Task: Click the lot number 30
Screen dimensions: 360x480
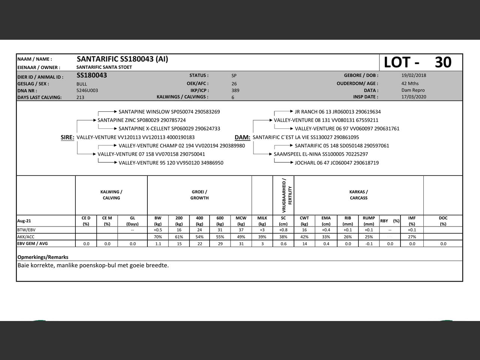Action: (x=443, y=62)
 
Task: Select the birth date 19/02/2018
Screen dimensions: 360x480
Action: (x=414, y=75)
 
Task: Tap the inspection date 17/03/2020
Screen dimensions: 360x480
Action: (x=414, y=97)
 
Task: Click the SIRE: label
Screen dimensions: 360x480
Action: (x=67, y=138)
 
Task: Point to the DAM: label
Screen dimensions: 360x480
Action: (x=242, y=138)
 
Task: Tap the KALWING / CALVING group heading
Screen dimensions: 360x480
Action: (x=111, y=195)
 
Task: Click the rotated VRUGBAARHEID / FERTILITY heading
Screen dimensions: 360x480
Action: (x=287, y=195)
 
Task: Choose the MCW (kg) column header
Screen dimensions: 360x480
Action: (x=241, y=220)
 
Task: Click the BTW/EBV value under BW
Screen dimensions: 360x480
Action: (x=158, y=230)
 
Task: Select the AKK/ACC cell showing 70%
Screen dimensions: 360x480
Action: (x=158, y=237)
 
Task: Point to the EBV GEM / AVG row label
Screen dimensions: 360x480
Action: (x=33, y=243)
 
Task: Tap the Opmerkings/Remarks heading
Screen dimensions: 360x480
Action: (x=43, y=257)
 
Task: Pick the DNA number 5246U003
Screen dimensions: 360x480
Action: (x=87, y=90)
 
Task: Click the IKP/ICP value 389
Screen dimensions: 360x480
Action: (x=235, y=90)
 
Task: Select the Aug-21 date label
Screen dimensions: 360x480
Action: (x=24, y=221)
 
